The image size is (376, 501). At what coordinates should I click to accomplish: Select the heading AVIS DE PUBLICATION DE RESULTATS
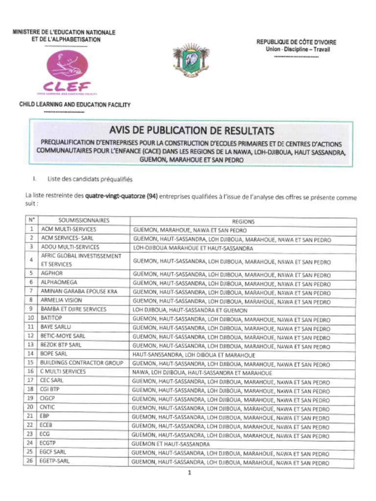point(191,131)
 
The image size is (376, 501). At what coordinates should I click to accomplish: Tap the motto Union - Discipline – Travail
point(298,49)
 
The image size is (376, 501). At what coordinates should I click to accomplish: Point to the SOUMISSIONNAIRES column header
point(84,221)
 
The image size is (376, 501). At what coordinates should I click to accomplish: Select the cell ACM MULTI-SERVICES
point(69,229)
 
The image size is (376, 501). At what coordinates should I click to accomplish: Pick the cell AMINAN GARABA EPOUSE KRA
point(79,291)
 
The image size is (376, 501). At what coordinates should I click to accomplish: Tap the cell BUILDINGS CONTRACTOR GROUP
point(81,363)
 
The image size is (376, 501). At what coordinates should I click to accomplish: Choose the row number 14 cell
point(30,354)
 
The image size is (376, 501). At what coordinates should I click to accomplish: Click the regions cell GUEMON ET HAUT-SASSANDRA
point(170,444)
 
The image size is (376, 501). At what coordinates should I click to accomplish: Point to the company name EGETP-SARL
point(55,461)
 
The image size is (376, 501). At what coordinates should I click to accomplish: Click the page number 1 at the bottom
point(189,473)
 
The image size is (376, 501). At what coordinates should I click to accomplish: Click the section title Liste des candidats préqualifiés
point(90,179)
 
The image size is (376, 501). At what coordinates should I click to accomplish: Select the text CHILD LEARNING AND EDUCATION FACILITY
point(75,105)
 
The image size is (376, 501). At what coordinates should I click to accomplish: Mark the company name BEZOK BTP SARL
point(61,345)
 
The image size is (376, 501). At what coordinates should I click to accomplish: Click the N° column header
point(30,220)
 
